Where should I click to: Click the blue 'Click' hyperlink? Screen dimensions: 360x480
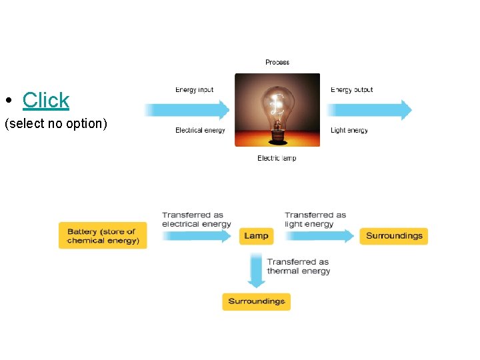point(45,100)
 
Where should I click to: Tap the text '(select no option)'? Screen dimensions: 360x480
point(55,123)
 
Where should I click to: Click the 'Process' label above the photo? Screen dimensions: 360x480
point(277,63)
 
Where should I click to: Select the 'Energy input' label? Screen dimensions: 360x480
point(195,90)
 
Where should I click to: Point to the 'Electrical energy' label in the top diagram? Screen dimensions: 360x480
point(200,131)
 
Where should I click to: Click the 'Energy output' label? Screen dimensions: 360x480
point(351,90)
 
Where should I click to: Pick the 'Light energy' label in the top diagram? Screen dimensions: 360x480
point(349,131)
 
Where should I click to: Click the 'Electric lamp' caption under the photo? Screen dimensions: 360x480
point(277,159)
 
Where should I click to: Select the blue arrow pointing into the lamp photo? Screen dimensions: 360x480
point(188,110)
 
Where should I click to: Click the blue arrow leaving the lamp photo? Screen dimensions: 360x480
point(371,110)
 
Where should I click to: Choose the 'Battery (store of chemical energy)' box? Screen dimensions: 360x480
point(103,236)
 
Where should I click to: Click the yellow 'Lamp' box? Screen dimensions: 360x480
point(256,236)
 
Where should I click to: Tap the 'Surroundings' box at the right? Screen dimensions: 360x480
point(394,236)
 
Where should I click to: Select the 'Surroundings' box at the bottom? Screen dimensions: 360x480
point(257,301)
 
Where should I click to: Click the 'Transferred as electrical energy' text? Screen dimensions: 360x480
point(196,219)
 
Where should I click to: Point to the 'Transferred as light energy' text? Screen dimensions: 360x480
point(315,219)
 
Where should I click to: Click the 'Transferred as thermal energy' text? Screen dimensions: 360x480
point(298,267)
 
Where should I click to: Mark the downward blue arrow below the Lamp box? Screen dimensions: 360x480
point(256,269)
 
